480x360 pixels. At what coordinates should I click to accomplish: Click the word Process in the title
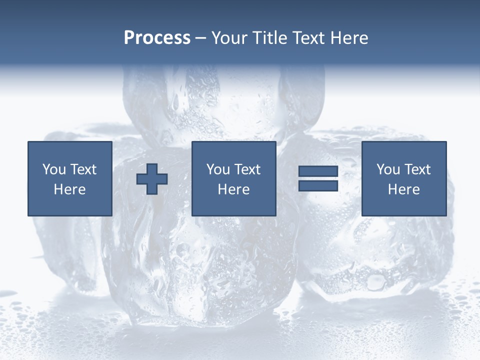pos(157,38)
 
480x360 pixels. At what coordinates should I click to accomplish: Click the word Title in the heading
pos(268,38)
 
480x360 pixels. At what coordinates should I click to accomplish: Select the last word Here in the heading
pos(349,38)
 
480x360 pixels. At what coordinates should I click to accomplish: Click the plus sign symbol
pos(152,179)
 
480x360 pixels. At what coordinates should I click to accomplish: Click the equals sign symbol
pos(318,178)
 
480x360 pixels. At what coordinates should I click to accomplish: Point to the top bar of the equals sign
pos(318,171)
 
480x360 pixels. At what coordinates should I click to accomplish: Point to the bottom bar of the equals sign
pos(318,185)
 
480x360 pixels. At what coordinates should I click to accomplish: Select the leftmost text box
pos(70,178)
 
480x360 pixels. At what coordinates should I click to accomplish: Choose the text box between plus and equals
pos(234,178)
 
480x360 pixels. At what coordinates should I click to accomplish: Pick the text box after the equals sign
pos(404,178)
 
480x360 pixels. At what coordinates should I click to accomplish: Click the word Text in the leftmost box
pos(83,169)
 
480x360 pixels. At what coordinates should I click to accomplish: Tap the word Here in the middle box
pos(234,189)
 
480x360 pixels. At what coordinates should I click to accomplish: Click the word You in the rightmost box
pos(388,169)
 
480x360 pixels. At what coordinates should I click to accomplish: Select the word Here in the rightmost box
pos(404,189)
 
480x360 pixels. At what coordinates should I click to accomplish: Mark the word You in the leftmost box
pos(54,169)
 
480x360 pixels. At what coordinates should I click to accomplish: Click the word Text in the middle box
pos(247,169)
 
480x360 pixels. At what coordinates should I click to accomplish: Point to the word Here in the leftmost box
pos(70,189)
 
